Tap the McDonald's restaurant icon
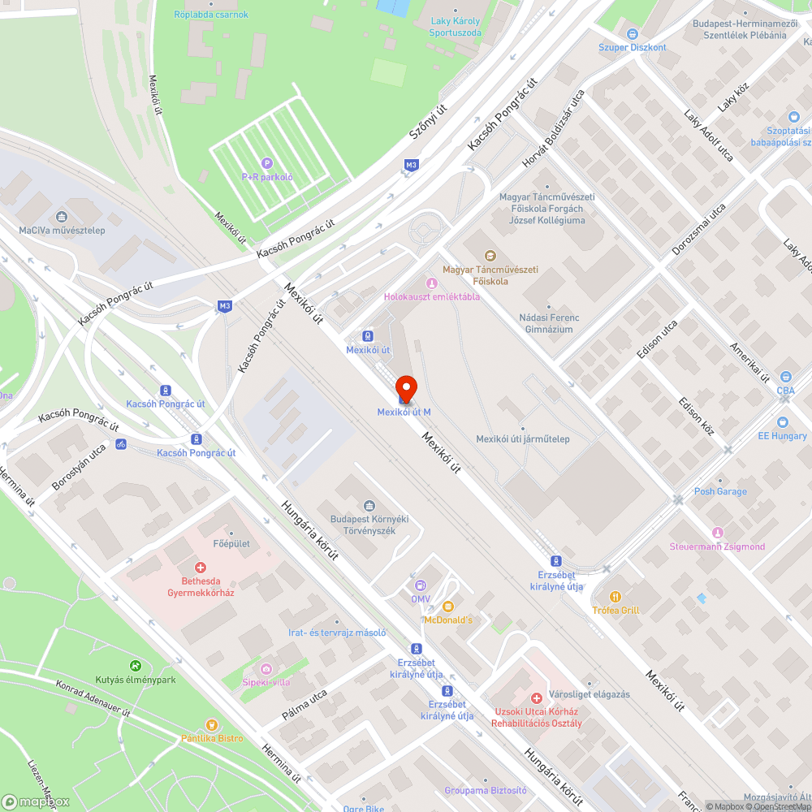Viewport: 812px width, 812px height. (x=447, y=606)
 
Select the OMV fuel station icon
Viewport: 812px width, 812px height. (x=420, y=585)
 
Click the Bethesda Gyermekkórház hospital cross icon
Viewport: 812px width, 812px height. (x=200, y=568)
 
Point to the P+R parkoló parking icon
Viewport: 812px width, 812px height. (x=267, y=162)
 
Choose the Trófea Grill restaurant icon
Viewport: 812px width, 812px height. (x=616, y=595)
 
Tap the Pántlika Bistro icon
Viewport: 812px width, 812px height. (x=213, y=724)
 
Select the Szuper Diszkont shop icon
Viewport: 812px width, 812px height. (x=633, y=33)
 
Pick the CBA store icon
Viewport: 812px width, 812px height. (x=785, y=377)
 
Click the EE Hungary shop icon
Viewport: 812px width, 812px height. (x=782, y=422)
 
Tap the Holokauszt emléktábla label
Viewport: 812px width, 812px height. (x=431, y=296)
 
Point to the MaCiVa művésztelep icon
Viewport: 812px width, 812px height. (x=62, y=217)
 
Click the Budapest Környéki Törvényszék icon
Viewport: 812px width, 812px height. (x=369, y=506)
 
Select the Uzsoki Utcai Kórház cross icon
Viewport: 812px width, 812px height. (x=536, y=698)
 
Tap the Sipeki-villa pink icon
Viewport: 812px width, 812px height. (x=266, y=668)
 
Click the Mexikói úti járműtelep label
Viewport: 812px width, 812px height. (x=522, y=439)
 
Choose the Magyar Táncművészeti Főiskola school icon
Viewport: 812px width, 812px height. (x=489, y=257)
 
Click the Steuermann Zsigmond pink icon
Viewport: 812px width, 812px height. (x=717, y=533)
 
